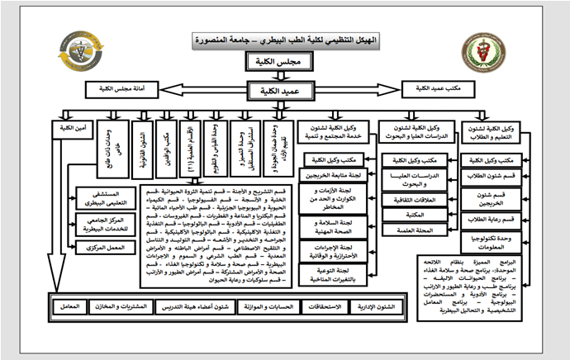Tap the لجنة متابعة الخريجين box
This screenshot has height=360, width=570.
click(x=328, y=174)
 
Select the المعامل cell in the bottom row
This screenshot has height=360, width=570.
click(x=70, y=306)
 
